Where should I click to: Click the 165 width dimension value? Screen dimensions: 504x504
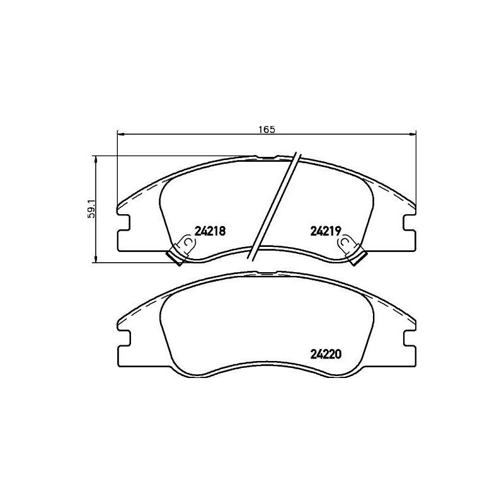(x=267, y=130)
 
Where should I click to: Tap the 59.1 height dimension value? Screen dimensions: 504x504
(x=91, y=209)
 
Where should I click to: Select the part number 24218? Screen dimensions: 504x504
(x=210, y=231)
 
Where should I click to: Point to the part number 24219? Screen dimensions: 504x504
(x=325, y=231)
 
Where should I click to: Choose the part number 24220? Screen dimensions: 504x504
(x=325, y=354)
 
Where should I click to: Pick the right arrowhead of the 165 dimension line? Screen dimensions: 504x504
(x=413, y=134)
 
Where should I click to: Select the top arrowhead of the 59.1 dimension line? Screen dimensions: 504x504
(x=95, y=159)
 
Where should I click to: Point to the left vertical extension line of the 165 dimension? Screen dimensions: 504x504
(x=118, y=170)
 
